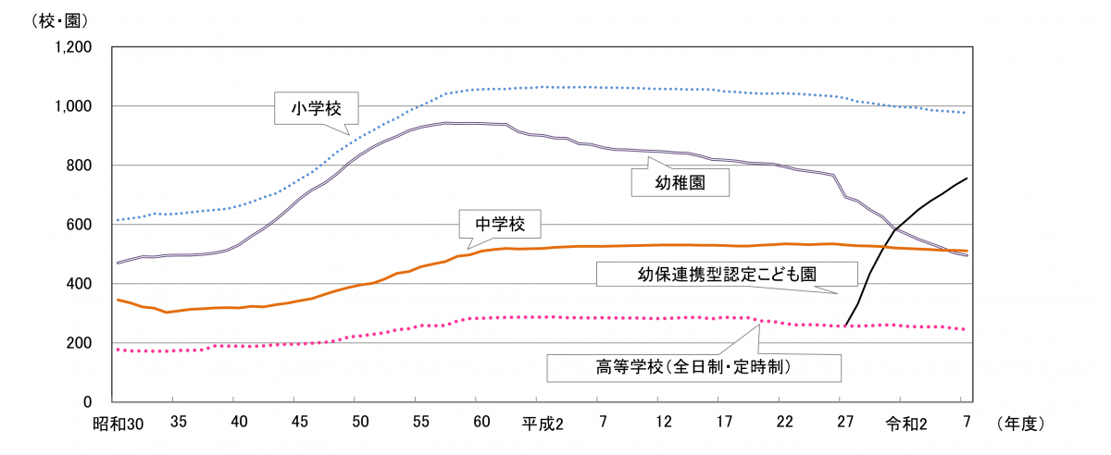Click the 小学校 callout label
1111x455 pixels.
pyautogui.click(x=316, y=108)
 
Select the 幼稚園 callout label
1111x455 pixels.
pyautogui.click(x=680, y=182)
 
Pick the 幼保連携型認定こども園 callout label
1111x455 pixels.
pyautogui.click(x=718, y=274)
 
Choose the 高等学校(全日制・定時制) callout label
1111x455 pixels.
pyautogui.click(x=693, y=366)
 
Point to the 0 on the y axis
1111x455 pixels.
pyautogui.click(x=87, y=402)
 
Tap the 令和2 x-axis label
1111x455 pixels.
pyautogui.click(x=906, y=424)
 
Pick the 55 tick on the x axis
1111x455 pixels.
pyautogui.click(x=421, y=424)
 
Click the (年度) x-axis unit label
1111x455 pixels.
pyautogui.click(x=1021, y=424)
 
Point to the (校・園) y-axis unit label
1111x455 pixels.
pyautogui.click(x=34, y=19)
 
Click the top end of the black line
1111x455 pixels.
pyautogui.click(x=967, y=178)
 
